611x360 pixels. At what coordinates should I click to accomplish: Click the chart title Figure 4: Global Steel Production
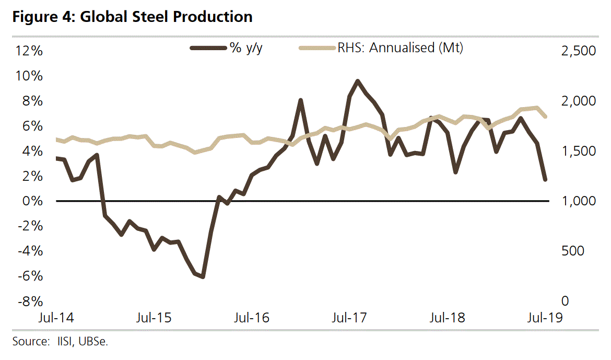133,17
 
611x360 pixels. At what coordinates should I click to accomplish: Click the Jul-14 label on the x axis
57,318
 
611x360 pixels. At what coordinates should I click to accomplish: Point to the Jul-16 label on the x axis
252,318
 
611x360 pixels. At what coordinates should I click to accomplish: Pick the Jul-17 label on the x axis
350,318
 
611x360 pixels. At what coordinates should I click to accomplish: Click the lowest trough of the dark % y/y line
203,276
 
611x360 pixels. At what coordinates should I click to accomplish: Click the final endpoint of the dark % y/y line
545,179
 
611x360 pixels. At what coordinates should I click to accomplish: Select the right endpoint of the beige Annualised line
545,117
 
